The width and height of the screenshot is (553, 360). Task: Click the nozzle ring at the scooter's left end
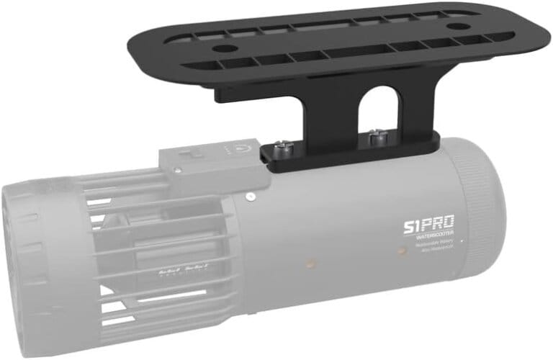(x=22, y=259)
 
